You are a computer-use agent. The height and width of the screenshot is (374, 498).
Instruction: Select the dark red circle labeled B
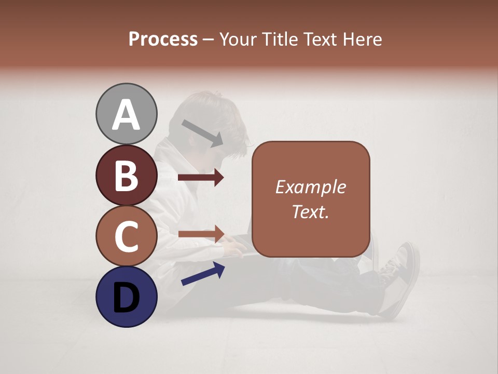[126, 175]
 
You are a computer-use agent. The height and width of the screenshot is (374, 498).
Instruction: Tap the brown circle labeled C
[126, 236]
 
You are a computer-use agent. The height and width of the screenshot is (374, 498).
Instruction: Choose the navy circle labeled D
[126, 297]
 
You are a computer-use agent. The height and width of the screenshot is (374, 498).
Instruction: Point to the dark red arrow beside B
[201, 178]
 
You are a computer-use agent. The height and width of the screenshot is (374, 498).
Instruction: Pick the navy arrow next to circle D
[203, 274]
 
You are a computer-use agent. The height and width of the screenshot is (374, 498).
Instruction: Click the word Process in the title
[163, 39]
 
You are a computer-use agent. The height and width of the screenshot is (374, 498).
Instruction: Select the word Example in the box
[310, 187]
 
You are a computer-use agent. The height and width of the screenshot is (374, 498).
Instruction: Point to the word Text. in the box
[310, 211]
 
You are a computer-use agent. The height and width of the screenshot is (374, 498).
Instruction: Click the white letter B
[126, 176]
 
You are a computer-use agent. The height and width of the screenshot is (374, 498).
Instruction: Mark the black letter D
[126, 298]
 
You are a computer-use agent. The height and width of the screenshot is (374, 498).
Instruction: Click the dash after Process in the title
[209, 39]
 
